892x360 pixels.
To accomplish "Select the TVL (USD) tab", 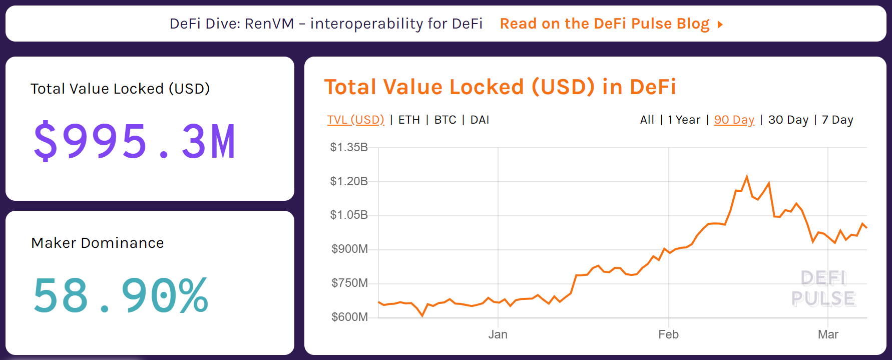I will (355, 120).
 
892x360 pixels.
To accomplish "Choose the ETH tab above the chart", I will (409, 120).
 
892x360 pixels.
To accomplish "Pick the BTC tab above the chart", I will (445, 120).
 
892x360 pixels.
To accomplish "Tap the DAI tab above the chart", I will (480, 120).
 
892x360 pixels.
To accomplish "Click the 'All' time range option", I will (647, 120).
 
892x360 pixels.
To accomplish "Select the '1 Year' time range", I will (684, 120).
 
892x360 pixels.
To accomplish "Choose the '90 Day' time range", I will (734, 120).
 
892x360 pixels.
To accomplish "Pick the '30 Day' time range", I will (788, 120).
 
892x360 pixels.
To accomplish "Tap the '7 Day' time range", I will (837, 120).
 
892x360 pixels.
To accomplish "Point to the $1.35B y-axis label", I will (349, 147).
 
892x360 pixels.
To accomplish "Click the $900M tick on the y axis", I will (349, 249).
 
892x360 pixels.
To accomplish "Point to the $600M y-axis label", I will (349, 317).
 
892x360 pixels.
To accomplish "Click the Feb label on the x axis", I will (668, 334).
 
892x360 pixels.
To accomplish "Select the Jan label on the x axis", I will (498, 334).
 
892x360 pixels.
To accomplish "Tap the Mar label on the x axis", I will (828, 334).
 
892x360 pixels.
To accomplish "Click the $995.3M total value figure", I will (134, 142).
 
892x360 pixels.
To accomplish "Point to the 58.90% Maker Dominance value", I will (121, 296).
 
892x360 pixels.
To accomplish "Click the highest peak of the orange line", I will (747, 177).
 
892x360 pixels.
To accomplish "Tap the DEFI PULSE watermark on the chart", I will (823, 288).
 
